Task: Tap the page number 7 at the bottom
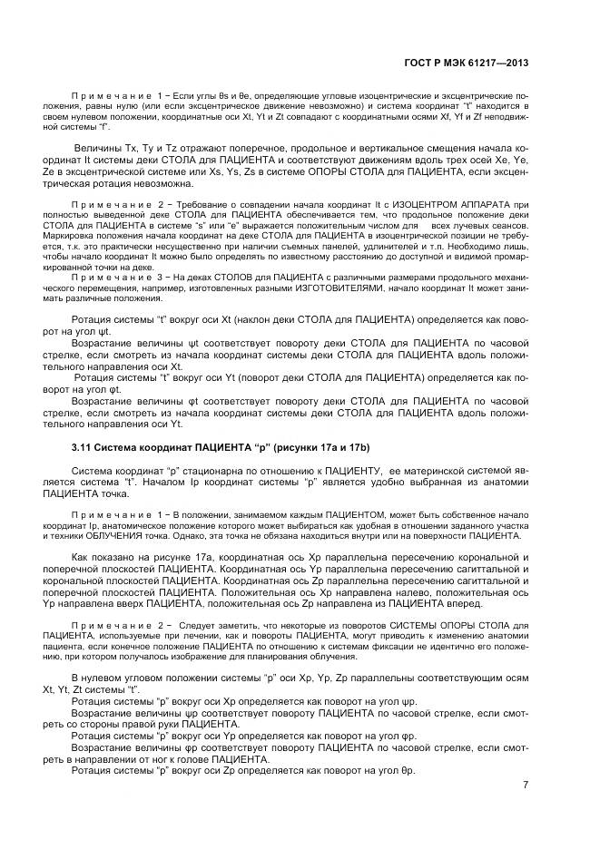[526, 786]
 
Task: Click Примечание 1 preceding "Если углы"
[115, 95]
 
